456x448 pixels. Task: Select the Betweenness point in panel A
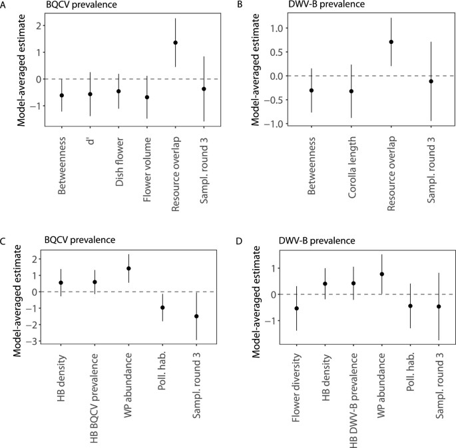tap(62, 95)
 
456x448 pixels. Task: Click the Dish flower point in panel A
tap(118, 91)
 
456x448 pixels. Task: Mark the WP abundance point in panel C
tap(128, 268)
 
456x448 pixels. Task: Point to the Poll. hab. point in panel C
tap(162, 308)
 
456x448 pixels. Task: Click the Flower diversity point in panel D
tap(297, 308)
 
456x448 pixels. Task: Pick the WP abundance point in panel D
tap(382, 274)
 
